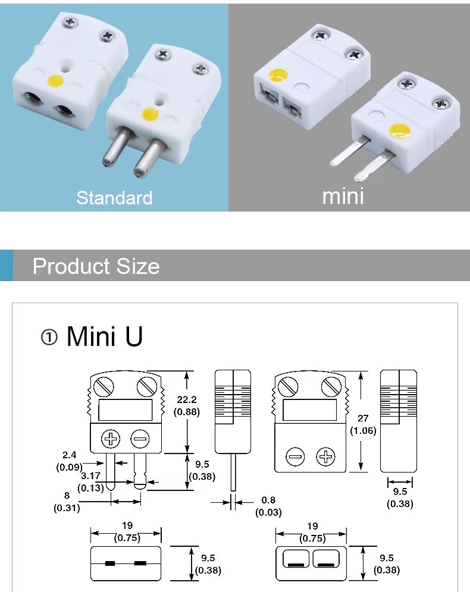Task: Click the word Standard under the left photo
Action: point(114,198)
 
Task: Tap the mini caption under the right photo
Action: point(343,196)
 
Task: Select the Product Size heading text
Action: point(96,266)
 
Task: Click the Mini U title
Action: point(105,336)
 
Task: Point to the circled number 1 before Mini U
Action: point(49,338)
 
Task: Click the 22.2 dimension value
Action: point(186,400)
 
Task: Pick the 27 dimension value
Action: point(363,418)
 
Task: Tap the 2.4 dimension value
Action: point(69,455)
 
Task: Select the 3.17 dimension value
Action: point(90,476)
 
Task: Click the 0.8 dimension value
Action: point(268,500)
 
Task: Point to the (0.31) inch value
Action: point(67,508)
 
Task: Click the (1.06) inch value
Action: point(363,430)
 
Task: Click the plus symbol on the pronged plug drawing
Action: point(111,440)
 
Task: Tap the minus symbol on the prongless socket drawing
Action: point(295,457)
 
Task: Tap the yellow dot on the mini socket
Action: point(278,75)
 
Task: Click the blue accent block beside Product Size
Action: point(6,266)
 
